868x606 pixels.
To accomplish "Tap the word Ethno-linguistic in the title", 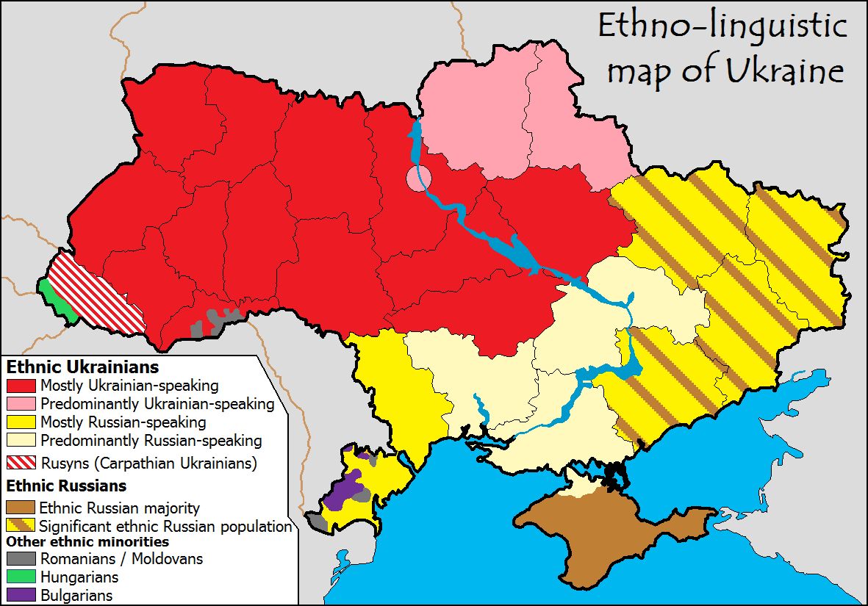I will (x=722, y=26).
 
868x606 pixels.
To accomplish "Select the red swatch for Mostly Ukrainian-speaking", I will (x=21, y=385).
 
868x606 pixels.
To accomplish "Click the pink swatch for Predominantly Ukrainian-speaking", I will (x=21, y=404).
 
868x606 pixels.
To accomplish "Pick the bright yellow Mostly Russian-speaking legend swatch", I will (x=21, y=422).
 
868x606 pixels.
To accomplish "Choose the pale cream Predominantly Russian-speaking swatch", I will (x=21, y=441).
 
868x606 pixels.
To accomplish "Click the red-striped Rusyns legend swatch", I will (x=21, y=463).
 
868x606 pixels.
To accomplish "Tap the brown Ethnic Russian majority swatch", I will (x=21, y=508).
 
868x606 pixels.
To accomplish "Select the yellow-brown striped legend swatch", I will (x=21, y=526).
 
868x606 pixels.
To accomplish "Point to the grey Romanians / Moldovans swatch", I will (x=21, y=559).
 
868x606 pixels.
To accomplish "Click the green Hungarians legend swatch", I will (x=21, y=577).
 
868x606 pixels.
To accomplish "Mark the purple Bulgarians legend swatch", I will (x=21, y=595).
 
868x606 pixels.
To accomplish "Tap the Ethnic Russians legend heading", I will (x=66, y=486).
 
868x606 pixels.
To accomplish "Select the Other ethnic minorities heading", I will (x=87, y=542).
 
